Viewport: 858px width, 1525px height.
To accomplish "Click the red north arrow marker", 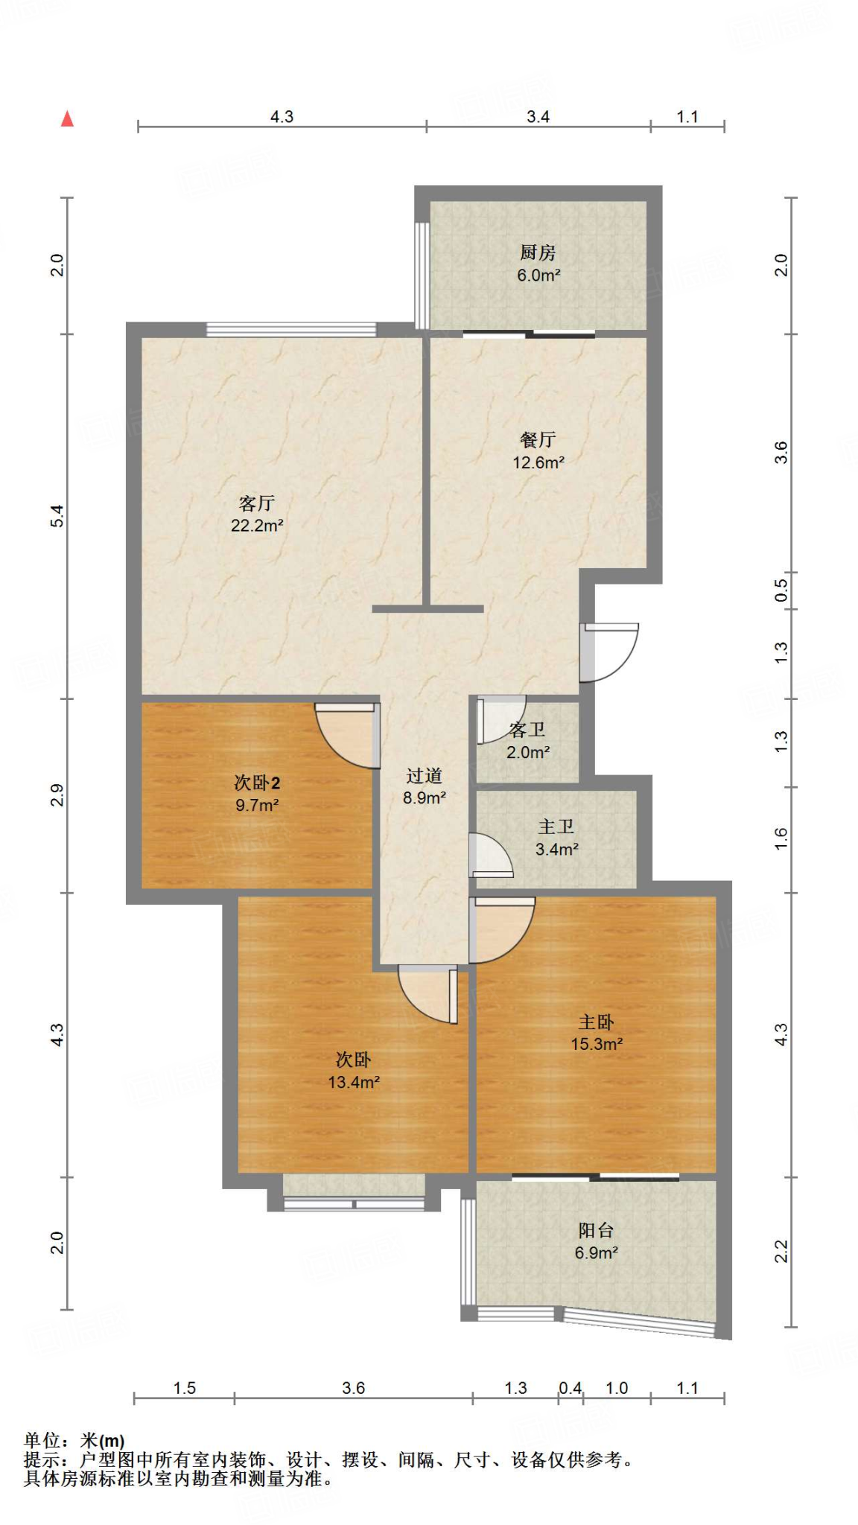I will (x=67, y=119).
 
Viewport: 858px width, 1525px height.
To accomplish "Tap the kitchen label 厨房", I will (x=538, y=253).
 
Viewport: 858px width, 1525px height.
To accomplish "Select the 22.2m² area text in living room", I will (x=257, y=526).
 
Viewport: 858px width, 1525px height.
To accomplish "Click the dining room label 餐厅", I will (x=538, y=440).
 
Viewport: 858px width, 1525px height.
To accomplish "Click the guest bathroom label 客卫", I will (x=527, y=730).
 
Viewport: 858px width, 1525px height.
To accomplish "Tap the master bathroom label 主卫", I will (x=556, y=827).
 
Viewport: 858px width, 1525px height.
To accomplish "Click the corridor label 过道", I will (x=425, y=777).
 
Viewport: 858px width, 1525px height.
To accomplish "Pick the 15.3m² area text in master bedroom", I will (x=597, y=1045).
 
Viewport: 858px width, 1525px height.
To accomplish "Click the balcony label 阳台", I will (x=596, y=1231).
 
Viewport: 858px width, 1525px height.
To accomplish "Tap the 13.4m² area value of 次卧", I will (x=354, y=1083).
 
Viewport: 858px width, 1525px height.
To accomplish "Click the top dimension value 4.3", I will (x=282, y=117).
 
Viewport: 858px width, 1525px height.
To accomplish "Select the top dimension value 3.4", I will (x=538, y=117).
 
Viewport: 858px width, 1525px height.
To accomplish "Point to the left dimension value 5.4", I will (x=57, y=516).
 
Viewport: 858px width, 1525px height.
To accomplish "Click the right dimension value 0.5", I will (x=781, y=590).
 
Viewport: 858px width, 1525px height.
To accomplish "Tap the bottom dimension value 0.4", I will (x=571, y=1388).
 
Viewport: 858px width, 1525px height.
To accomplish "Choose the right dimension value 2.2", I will (x=781, y=1252).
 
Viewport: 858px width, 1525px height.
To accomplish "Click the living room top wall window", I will (x=291, y=329).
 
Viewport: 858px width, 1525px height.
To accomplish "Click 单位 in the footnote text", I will (x=41, y=1441).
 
